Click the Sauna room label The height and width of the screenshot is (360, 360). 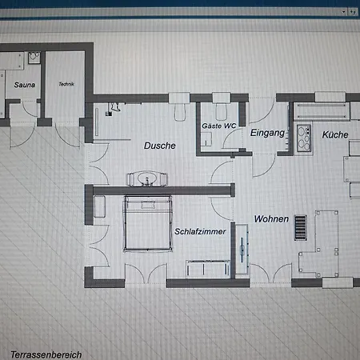[x=25, y=85]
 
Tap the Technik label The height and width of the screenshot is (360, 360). [x=66, y=84]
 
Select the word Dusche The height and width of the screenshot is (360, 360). [x=160, y=146]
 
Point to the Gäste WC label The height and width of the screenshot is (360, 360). [x=219, y=126]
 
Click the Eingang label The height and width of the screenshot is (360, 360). [x=267, y=133]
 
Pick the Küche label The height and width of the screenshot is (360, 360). [x=335, y=134]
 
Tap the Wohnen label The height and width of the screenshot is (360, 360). [x=271, y=219]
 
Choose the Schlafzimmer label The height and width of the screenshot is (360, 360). [x=200, y=231]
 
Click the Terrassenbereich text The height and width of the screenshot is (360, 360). [x=46, y=354]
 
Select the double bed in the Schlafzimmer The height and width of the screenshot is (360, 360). [x=147, y=223]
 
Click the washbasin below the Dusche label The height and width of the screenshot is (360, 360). [x=147, y=178]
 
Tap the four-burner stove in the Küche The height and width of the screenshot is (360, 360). [x=304, y=138]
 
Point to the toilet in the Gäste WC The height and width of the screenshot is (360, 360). [x=222, y=111]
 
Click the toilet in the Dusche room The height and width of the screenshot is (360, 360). [x=180, y=112]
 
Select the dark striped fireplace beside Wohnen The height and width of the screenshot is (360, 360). [x=301, y=228]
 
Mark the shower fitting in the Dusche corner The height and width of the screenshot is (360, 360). [x=113, y=109]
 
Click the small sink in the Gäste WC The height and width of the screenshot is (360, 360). [x=206, y=139]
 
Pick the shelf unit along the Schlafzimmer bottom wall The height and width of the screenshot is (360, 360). [x=208, y=269]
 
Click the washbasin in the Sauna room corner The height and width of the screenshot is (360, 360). [x=34, y=58]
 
